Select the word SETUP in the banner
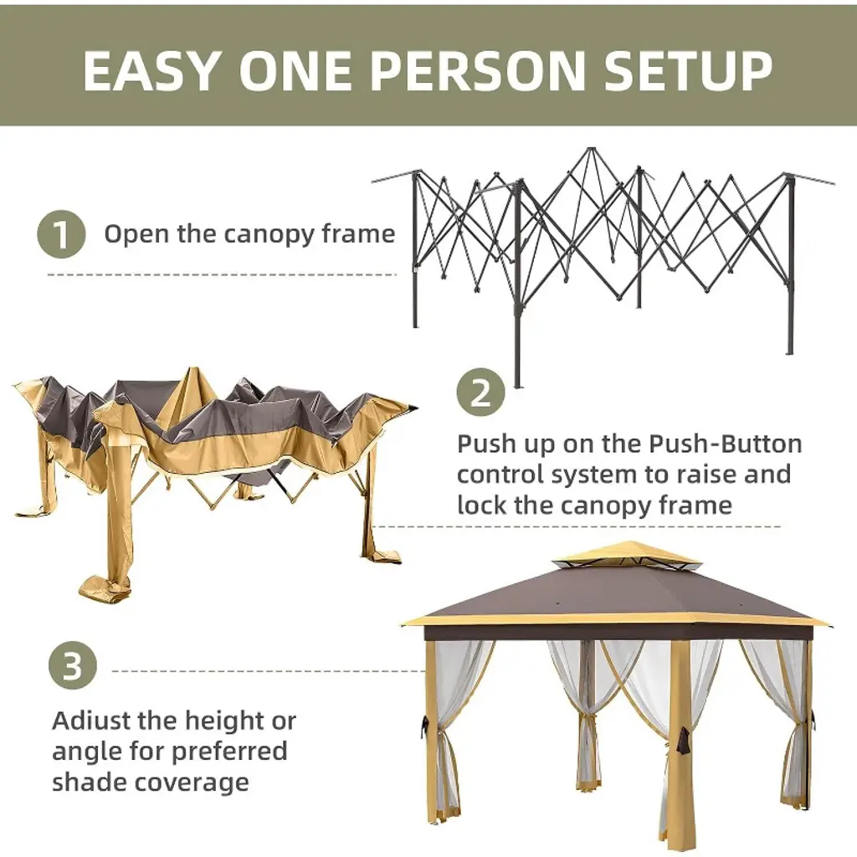click(688, 70)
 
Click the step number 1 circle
click(61, 234)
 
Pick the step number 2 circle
click(480, 393)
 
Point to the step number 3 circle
click(73, 665)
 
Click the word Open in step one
click(137, 235)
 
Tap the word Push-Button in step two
click(726, 444)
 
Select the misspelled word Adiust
click(91, 721)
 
